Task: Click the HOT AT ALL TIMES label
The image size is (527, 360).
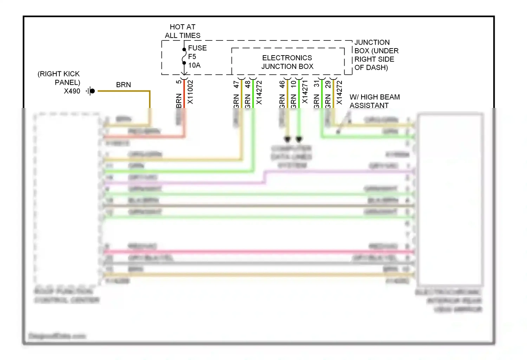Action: coord(182,31)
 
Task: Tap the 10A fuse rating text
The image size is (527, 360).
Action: coord(194,65)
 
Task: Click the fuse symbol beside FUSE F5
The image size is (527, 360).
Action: coord(184,56)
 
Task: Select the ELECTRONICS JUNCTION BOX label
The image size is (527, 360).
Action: coord(287,62)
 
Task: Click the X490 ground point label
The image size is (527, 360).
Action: coord(72,91)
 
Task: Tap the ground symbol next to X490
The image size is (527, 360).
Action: coord(91,91)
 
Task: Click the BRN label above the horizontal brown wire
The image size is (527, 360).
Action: coord(123,85)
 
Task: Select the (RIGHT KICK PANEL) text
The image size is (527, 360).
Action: coord(59,78)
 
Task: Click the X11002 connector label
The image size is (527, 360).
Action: coord(190,92)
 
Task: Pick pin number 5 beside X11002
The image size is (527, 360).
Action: coord(179,82)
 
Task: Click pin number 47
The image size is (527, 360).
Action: coord(236,84)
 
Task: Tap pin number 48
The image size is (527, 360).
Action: coord(248,84)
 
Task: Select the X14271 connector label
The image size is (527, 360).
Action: coord(305,92)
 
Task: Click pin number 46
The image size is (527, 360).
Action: coord(282,84)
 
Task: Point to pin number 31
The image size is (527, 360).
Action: coord(317,84)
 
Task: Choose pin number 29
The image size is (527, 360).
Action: coord(328,84)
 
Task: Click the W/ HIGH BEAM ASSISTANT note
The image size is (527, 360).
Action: coord(374,101)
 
